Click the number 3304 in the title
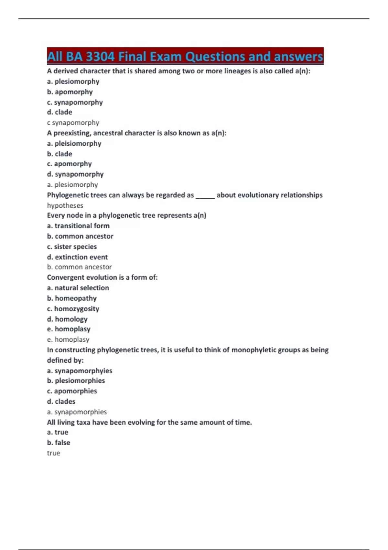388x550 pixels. [x=100, y=57]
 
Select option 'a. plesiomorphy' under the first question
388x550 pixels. [x=73, y=82]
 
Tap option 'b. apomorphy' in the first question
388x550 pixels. [x=70, y=92]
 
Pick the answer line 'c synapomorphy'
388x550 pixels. [x=73, y=123]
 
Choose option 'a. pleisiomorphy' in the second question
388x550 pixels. [x=74, y=143]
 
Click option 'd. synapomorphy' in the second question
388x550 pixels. [x=75, y=174]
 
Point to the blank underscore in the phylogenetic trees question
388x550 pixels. [x=205, y=196]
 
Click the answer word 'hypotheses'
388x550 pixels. [x=65, y=205]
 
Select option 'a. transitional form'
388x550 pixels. [x=78, y=226]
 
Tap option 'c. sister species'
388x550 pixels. [x=72, y=247]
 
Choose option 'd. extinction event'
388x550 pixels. [x=77, y=257]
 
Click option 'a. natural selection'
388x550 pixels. [x=78, y=288]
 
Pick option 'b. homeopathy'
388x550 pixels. [x=72, y=298]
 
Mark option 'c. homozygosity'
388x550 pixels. [x=73, y=309]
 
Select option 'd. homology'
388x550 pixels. [x=67, y=319]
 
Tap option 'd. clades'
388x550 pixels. [x=61, y=401]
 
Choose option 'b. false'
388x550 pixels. [x=59, y=443]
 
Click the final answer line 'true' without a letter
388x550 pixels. [x=54, y=453]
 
